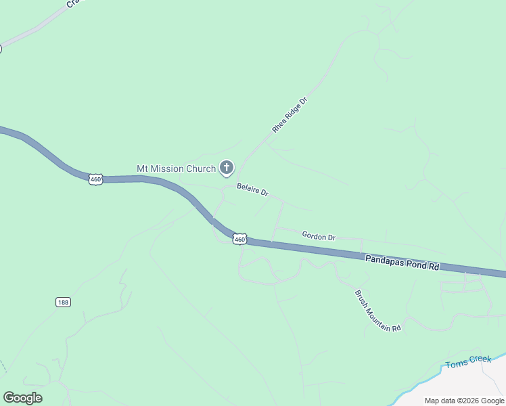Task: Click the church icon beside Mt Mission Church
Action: pyautogui.click(x=226, y=168)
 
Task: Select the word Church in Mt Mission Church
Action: pyautogui.click(x=201, y=168)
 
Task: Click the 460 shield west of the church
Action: pyautogui.click(x=95, y=179)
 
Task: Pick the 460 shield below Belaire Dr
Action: pyautogui.click(x=239, y=239)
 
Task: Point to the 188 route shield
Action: pyautogui.click(x=64, y=302)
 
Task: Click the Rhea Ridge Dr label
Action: pyautogui.click(x=290, y=114)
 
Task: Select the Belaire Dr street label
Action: pyautogui.click(x=252, y=189)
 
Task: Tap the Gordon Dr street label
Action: pyautogui.click(x=319, y=236)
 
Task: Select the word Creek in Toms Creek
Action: pyautogui.click(x=480, y=359)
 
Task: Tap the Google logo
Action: pyautogui.click(x=22, y=398)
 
